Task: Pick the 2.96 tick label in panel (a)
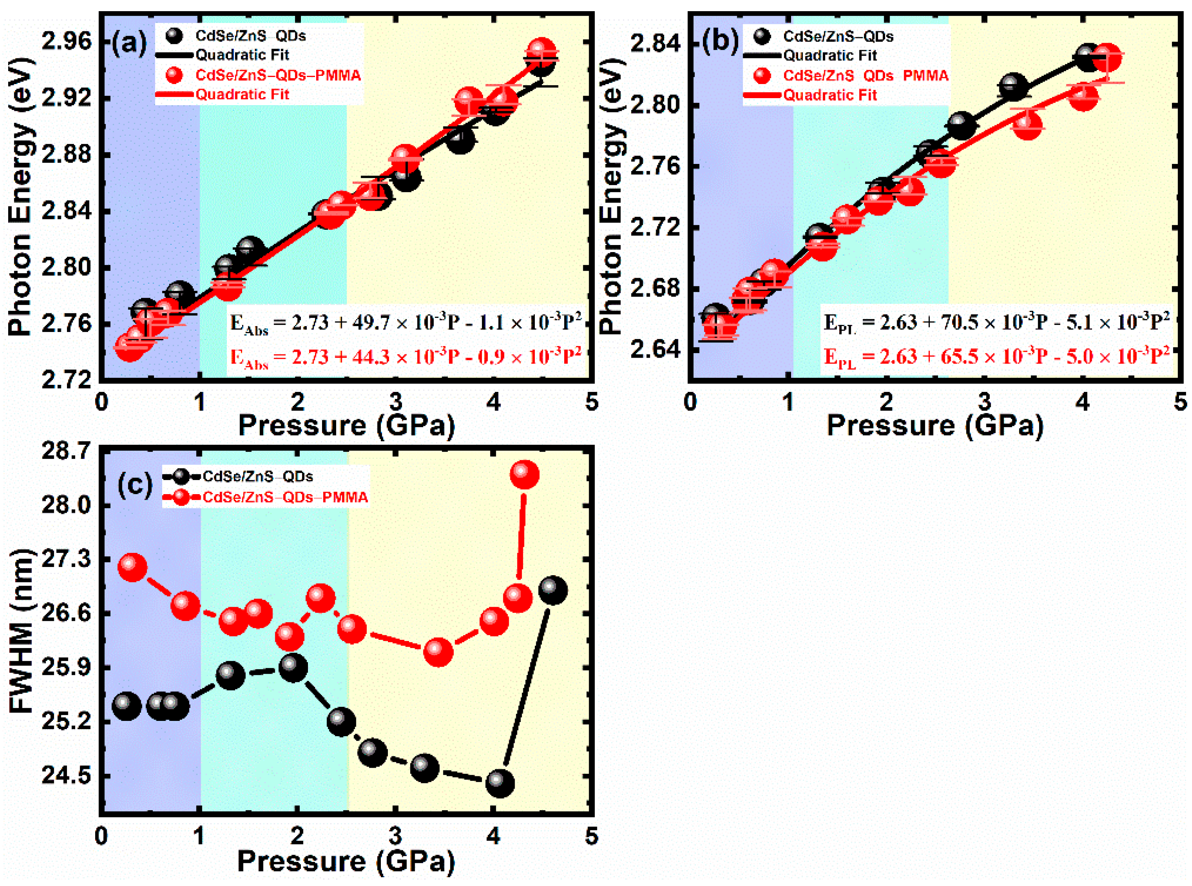pyautogui.click(x=67, y=42)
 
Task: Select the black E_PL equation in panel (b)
pyautogui.click(x=996, y=322)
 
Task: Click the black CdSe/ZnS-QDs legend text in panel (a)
pyautogui.click(x=251, y=36)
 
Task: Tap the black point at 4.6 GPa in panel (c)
pyautogui.click(x=553, y=590)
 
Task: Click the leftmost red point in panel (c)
pyautogui.click(x=132, y=567)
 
